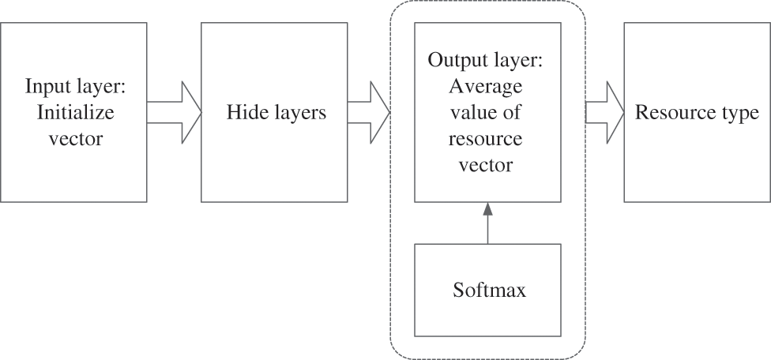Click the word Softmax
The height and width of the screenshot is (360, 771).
click(489, 291)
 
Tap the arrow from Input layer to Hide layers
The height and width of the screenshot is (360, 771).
click(173, 112)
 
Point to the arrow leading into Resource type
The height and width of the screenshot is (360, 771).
click(604, 112)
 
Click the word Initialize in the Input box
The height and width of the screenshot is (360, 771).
click(76, 112)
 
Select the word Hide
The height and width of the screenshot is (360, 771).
click(243, 113)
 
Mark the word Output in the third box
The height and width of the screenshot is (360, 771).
click(453, 60)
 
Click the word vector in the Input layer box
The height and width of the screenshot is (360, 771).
click(76, 139)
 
